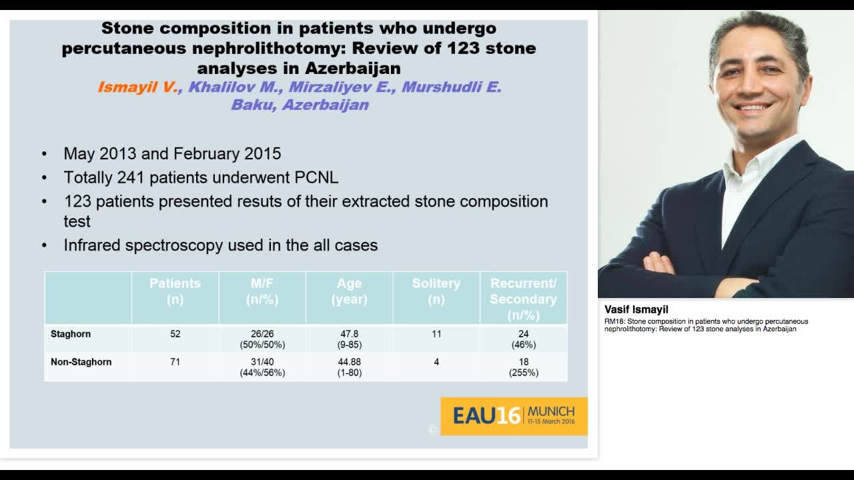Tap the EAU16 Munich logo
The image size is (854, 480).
[x=514, y=416]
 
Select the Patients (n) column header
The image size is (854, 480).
[x=175, y=291]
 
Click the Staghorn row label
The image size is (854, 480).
[x=71, y=334]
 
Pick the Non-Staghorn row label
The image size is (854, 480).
[x=81, y=362]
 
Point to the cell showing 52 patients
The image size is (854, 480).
[x=175, y=334]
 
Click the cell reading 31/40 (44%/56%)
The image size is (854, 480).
[x=262, y=367]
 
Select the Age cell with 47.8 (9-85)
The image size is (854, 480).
[x=349, y=339]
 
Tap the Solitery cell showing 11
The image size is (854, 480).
[x=436, y=334]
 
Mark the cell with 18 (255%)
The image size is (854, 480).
[x=523, y=367]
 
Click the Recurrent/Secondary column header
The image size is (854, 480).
[x=523, y=299]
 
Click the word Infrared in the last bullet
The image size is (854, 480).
[x=92, y=245]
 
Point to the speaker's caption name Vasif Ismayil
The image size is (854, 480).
[x=636, y=309]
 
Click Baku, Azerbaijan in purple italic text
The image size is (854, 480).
[x=300, y=105]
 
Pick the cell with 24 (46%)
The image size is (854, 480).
[x=523, y=339]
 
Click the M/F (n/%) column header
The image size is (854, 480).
[x=262, y=291]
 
